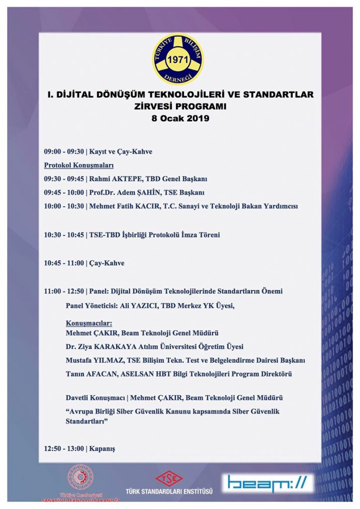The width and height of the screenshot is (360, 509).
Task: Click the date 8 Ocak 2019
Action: point(180,118)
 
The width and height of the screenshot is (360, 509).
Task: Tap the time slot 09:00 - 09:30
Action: point(63,152)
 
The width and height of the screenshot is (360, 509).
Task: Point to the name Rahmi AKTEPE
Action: point(114,178)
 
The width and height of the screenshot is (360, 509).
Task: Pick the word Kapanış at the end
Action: point(101,448)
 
